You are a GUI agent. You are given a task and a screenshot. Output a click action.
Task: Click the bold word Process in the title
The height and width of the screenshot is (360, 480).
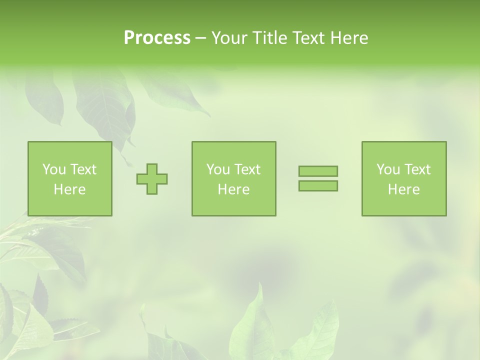[157, 38]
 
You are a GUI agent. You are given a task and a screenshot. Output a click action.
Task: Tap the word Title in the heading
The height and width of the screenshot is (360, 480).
[269, 38]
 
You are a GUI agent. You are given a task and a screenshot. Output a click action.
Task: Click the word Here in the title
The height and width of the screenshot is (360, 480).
[349, 38]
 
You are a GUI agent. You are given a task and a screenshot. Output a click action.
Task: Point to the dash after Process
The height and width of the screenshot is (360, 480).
[201, 38]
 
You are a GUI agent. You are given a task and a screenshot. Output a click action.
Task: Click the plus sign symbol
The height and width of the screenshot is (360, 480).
[152, 179]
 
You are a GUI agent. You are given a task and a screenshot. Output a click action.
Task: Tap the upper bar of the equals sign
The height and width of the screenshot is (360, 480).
[318, 171]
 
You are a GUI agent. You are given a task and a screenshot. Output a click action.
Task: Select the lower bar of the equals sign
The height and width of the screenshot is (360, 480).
[318, 185]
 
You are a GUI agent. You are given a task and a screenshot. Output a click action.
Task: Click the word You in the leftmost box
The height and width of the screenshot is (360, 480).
[53, 169]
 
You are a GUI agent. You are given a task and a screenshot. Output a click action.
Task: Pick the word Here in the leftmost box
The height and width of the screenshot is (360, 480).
[69, 189]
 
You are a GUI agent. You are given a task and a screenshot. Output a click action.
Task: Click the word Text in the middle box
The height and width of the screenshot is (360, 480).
[247, 169]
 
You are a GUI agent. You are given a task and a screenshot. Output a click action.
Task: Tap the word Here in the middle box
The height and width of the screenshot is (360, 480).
[233, 189]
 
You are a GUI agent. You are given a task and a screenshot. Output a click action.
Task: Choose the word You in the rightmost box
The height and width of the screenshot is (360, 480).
[387, 169]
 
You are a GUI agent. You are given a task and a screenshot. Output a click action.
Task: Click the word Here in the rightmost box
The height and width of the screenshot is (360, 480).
[403, 189]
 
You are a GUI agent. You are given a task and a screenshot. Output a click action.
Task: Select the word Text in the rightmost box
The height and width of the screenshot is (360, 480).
[417, 169]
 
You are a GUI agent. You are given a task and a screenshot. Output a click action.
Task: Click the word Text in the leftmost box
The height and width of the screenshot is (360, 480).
[83, 169]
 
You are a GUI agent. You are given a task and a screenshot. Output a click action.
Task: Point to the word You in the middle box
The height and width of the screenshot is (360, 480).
[217, 169]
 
